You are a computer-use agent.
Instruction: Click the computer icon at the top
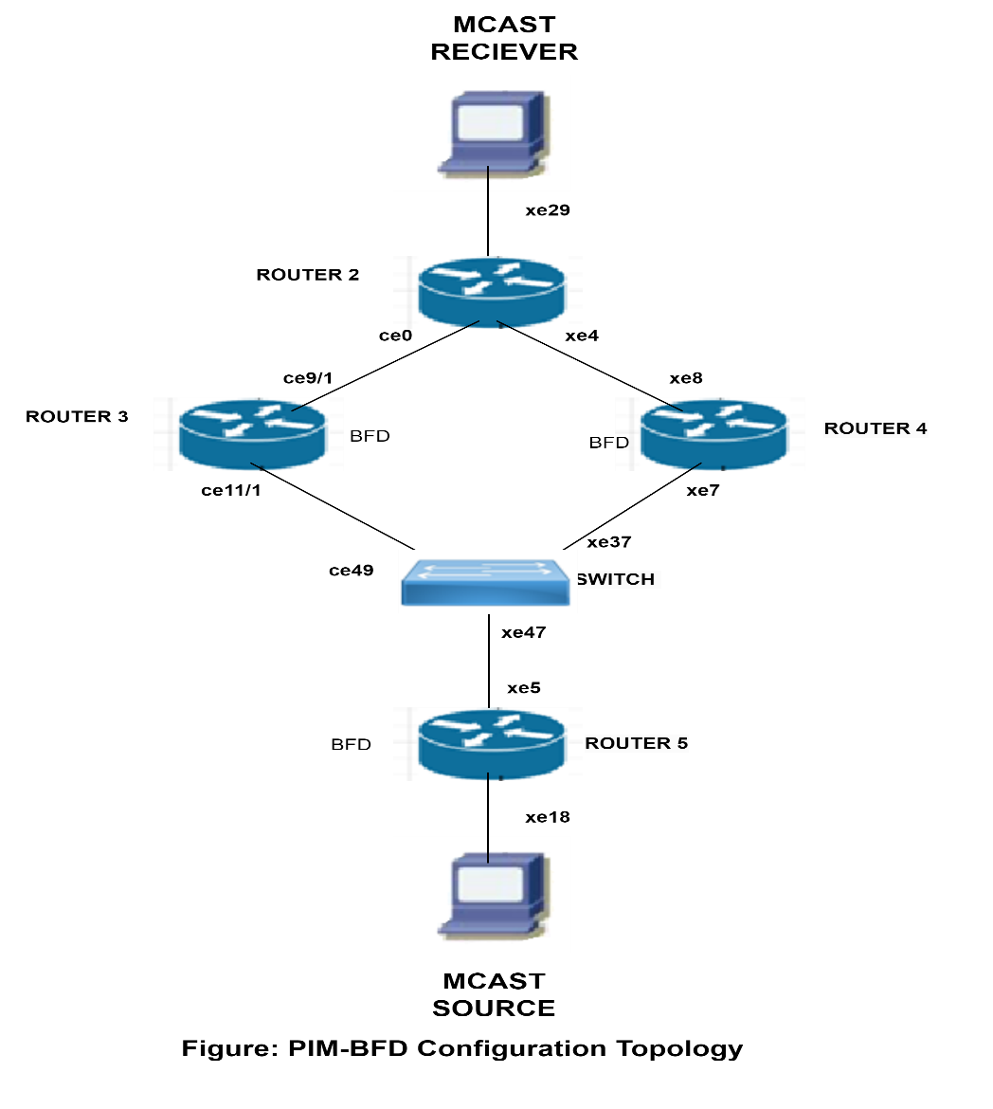click(x=488, y=133)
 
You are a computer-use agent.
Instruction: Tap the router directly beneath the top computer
click(x=488, y=292)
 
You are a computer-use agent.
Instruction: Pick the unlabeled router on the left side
click(x=248, y=433)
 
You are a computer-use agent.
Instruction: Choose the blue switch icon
click(x=488, y=581)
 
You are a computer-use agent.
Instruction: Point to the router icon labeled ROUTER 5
click(x=488, y=744)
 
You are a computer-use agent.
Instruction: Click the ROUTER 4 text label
click(x=876, y=428)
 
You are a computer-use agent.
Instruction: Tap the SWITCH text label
click(x=617, y=579)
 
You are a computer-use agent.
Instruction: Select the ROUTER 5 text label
click(x=637, y=744)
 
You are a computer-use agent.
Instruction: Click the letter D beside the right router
click(x=623, y=443)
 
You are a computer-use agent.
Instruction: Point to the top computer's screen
click(x=489, y=122)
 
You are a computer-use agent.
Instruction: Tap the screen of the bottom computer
click(x=490, y=883)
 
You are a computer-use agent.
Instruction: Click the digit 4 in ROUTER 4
click(x=920, y=428)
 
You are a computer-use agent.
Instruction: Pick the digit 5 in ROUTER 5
click(x=681, y=744)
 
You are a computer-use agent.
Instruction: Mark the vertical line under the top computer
click(x=488, y=178)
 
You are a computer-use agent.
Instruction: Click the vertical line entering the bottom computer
click(x=488, y=849)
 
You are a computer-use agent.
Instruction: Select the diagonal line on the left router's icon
click(x=306, y=405)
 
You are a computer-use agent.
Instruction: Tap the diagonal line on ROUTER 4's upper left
click(x=668, y=405)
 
